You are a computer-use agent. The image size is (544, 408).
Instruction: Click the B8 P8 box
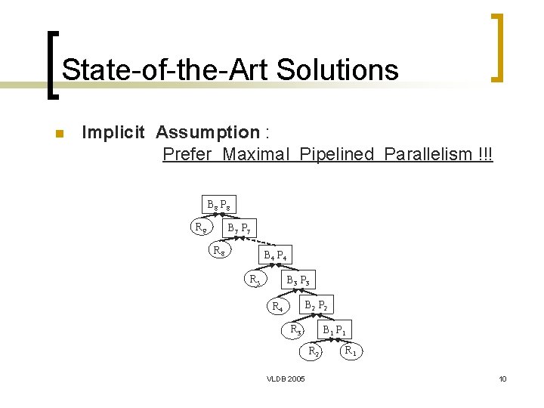(x=219, y=204)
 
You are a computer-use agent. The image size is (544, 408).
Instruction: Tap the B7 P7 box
(x=239, y=227)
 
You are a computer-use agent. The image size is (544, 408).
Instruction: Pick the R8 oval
(x=221, y=250)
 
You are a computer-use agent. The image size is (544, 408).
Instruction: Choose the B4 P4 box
(x=275, y=255)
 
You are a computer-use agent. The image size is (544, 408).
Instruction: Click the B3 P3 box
(x=297, y=281)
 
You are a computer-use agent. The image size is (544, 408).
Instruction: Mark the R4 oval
(x=278, y=307)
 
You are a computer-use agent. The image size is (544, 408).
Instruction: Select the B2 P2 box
(x=316, y=306)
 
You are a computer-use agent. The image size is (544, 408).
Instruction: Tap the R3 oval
(x=297, y=329)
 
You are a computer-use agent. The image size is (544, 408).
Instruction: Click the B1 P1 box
(x=334, y=329)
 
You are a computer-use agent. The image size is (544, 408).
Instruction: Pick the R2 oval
(x=314, y=351)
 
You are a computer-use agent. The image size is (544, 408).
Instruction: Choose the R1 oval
(x=351, y=351)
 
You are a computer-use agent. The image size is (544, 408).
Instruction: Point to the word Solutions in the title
(x=337, y=70)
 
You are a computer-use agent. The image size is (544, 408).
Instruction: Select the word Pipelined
(x=337, y=154)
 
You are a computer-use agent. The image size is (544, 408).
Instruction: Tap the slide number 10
(x=502, y=379)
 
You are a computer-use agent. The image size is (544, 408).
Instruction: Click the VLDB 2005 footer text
(x=286, y=379)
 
